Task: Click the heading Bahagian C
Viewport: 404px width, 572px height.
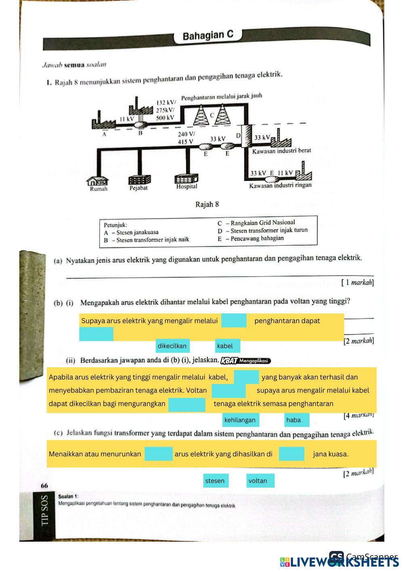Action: coord(208,36)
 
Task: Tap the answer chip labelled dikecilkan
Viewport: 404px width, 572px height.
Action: coord(173,346)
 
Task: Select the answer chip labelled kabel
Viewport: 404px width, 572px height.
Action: coord(227,346)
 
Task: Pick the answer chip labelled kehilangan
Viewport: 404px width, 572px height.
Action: coord(240,420)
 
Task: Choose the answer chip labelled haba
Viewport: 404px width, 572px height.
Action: coord(296,420)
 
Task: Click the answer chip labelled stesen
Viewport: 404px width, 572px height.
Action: coord(215,481)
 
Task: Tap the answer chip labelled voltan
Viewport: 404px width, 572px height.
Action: coord(260,481)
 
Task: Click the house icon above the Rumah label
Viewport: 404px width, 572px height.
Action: coord(98,180)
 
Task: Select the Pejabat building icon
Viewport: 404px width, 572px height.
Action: coord(139,180)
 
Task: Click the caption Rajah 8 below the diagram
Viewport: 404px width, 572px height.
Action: coord(207,204)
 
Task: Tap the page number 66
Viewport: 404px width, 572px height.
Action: coord(44,485)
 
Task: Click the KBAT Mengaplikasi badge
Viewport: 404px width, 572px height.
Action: coord(246,360)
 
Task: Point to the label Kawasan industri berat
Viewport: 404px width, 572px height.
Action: coord(282,151)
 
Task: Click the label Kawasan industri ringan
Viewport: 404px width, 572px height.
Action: coord(280,185)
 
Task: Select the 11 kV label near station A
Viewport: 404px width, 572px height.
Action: coord(126,119)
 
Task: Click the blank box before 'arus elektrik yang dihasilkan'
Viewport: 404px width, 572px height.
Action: coord(158,454)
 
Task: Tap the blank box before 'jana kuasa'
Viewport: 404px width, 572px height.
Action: coord(291,454)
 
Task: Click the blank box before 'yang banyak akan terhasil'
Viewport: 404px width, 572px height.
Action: coord(246,377)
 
